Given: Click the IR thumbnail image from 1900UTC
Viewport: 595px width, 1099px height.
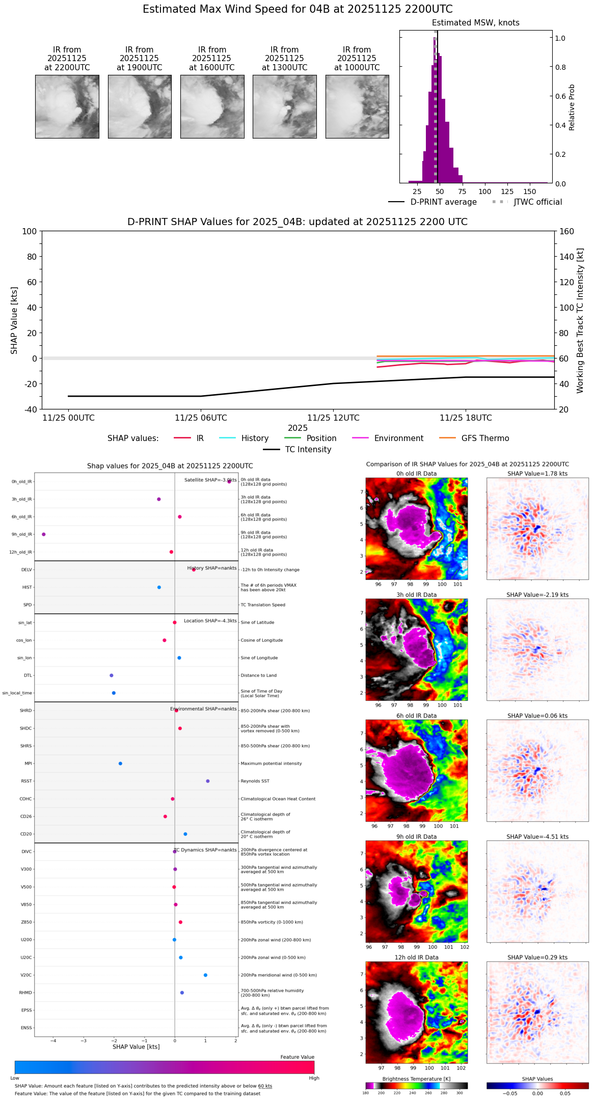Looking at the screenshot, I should [140, 106].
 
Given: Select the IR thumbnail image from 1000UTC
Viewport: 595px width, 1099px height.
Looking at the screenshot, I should [357, 106].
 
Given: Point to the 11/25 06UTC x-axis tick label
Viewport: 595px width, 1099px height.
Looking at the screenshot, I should [201, 418].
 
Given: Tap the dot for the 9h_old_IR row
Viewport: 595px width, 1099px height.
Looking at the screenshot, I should [44, 534].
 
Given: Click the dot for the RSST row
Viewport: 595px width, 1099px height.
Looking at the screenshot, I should [208, 781].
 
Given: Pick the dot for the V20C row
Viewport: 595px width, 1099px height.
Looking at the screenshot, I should [205, 975].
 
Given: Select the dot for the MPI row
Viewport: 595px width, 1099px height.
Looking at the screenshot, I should [120, 763].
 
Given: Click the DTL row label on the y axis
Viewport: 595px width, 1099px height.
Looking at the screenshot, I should [28, 675].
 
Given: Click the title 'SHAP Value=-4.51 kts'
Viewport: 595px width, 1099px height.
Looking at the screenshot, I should [537, 837].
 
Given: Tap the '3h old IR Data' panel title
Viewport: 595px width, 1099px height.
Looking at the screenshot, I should [416, 595].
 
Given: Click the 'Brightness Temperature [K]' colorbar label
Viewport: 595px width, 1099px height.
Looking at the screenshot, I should [416, 1079].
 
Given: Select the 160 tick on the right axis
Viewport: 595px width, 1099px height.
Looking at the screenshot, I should [566, 231].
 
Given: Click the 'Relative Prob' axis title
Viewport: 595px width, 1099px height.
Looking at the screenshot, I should [572, 107].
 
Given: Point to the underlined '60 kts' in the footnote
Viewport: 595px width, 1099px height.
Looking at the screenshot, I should [265, 1086].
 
